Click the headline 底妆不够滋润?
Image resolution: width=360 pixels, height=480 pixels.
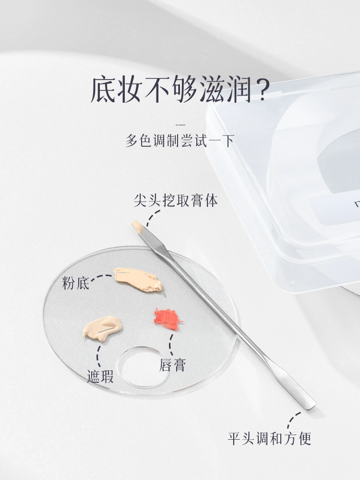(180, 90)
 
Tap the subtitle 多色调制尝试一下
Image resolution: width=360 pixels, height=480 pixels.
(180, 141)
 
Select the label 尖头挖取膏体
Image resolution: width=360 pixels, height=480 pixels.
(176, 201)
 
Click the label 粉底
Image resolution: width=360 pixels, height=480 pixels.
(76, 283)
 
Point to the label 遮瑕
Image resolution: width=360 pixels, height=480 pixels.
(100, 376)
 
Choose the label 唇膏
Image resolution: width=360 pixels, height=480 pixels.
(173, 365)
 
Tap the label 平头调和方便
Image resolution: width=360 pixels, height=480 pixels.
(269, 438)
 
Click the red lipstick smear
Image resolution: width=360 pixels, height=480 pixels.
(168, 319)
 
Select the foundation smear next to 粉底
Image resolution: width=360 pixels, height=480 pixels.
(138, 279)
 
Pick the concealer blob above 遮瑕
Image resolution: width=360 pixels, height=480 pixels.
(102, 328)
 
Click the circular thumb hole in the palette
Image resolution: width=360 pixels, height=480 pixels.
(143, 367)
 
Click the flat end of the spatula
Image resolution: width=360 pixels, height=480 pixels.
(309, 405)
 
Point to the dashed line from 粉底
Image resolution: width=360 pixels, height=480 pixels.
(101, 276)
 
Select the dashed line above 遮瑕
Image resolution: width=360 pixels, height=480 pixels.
(98, 356)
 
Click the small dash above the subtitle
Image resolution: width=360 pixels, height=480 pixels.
(180, 125)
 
